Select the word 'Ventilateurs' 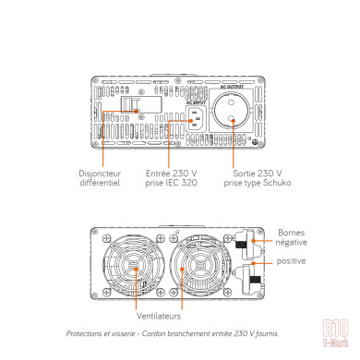coord(137,315)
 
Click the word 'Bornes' coord(290,232)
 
